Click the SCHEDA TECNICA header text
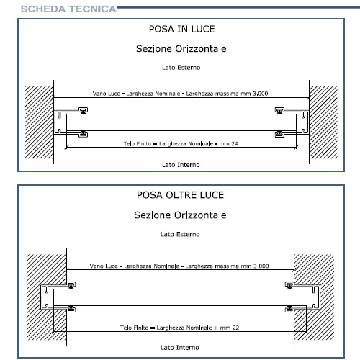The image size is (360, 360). coord(68,9)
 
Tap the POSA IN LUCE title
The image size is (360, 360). coord(181,29)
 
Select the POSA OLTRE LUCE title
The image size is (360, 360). coord(180,195)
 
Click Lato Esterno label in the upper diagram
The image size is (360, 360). coord(181,68)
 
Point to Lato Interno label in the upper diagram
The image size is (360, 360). coord(181,165)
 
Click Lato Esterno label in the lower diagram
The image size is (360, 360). coord(180,234)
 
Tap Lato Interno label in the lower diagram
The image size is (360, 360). coord(180,348)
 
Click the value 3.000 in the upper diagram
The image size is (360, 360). coord(260,94)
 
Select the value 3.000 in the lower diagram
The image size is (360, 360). coord(261,266)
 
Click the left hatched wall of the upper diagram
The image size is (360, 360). coord(39,122)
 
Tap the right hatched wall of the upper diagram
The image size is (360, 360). coord(323,122)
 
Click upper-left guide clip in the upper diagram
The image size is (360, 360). coord(83,110)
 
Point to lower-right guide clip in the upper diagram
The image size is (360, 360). coord(279,134)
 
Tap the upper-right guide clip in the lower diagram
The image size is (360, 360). coord(289,285)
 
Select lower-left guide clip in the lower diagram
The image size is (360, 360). coord(71,309)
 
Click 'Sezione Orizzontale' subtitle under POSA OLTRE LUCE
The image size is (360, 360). coord(180,215)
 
